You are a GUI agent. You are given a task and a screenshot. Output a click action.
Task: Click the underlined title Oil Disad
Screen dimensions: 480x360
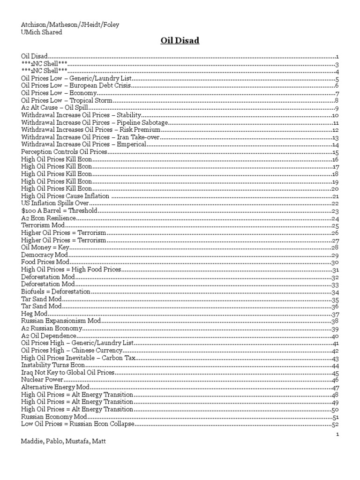click(180, 41)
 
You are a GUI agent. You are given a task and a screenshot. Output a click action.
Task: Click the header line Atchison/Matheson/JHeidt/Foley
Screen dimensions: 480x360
click(70, 25)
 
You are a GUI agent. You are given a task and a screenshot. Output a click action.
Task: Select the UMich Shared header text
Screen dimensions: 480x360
click(42, 32)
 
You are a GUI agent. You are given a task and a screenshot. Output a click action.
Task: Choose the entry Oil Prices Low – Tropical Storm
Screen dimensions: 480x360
click(67, 100)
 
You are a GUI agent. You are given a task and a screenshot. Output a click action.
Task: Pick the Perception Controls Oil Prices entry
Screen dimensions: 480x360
click(65, 152)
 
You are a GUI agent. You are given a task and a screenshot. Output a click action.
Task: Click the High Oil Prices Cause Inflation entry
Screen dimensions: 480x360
click(66, 196)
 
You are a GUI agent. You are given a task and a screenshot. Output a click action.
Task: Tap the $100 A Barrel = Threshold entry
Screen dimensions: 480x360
click(60, 210)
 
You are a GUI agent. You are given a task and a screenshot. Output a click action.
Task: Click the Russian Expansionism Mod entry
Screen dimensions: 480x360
click(61, 321)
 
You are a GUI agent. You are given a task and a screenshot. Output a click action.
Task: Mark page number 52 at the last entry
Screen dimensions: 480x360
click(335, 424)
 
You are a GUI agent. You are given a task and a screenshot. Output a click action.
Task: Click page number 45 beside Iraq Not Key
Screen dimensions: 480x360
click(335, 373)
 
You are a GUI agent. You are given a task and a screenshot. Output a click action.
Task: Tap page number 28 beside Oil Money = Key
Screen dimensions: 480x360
click(335, 247)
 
